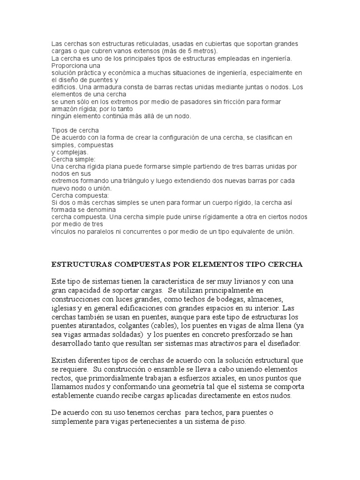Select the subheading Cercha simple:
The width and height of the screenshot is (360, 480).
[73, 159]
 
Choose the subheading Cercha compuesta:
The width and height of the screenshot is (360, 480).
[80, 195]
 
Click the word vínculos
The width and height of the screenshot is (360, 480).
[64, 231]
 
